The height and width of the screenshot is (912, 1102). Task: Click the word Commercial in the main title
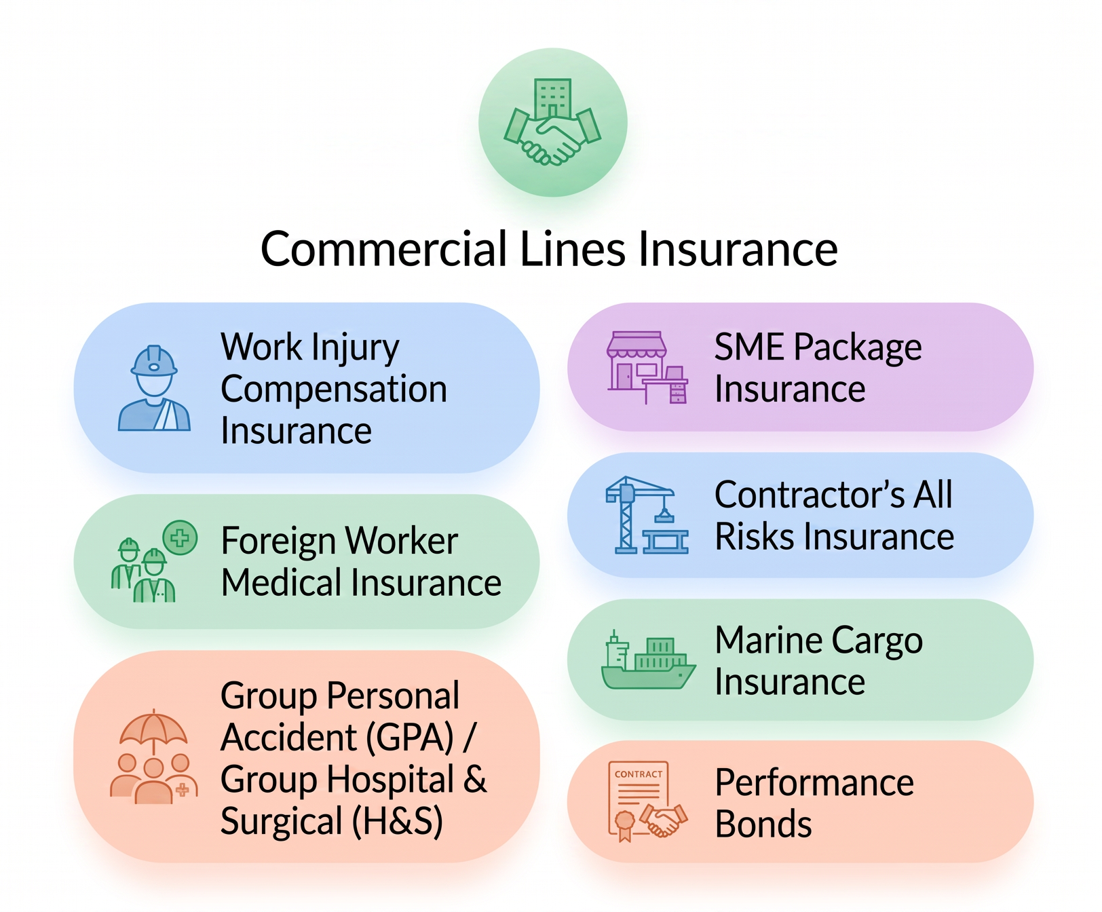[384, 249]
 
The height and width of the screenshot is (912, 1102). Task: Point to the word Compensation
[334, 389]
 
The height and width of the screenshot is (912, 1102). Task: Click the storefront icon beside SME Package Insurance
[647, 368]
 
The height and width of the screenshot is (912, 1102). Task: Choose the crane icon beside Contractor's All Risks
[647, 515]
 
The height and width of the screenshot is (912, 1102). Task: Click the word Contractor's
[810, 495]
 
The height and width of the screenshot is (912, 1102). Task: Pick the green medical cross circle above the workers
[180, 538]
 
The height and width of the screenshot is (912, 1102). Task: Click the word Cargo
[877, 641]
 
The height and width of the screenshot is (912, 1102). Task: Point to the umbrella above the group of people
[153, 731]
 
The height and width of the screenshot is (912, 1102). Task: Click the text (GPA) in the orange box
[409, 738]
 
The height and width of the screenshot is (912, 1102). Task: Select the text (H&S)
[397, 822]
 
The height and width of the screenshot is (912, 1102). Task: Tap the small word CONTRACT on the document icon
[639, 774]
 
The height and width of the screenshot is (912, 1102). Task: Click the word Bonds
[763, 824]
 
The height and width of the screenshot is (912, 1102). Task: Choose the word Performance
[814, 783]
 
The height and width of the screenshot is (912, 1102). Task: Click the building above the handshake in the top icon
[553, 98]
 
